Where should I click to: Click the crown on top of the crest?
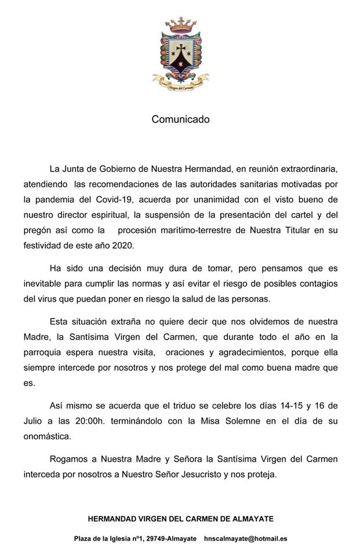click(x=180, y=25)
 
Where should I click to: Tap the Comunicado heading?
click(x=180, y=120)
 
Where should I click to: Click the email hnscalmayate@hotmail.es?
click(x=246, y=538)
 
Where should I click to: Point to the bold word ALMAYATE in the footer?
click(x=250, y=518)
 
